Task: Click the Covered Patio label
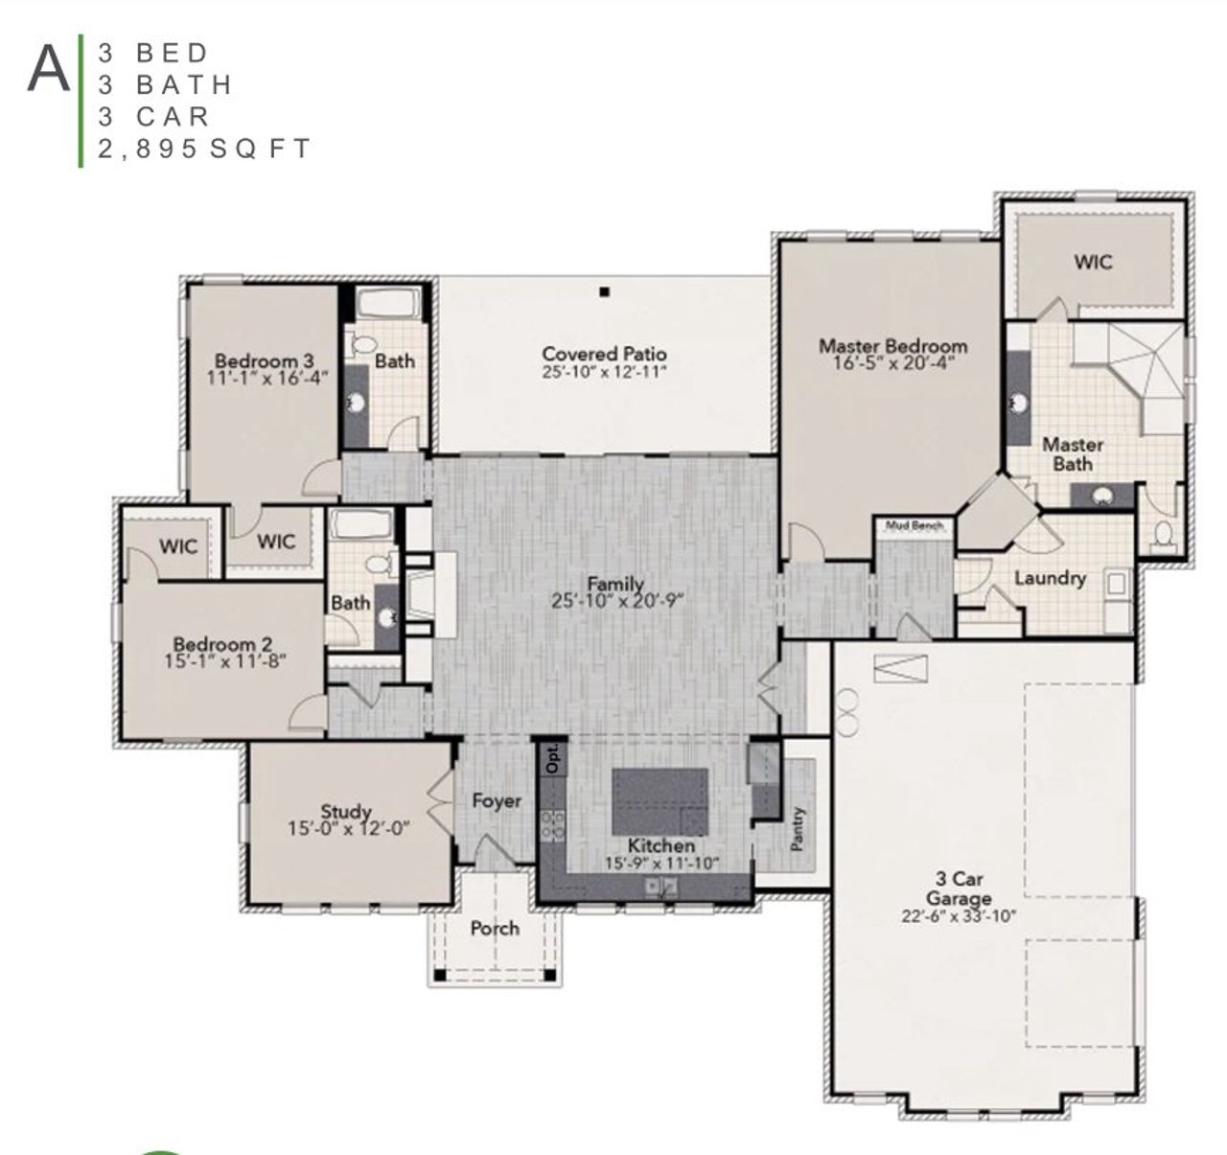tap(604, 354)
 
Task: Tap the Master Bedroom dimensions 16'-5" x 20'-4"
tap(892, 363)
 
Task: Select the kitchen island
tap(660, 800)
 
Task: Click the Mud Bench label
tap(914, 525)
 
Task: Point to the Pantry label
tap(799, 829)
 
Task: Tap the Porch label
tap(495, 928)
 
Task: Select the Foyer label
tap(497, 800)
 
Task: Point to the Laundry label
tap(1050, 578)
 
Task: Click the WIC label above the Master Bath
tap(1093, 261)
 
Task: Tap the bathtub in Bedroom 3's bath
tap(388, 306)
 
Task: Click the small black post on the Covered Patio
tap(604, 291)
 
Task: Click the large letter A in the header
tap(49, 69)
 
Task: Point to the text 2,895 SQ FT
tap(204, 149)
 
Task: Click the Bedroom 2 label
tap(215, 644)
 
